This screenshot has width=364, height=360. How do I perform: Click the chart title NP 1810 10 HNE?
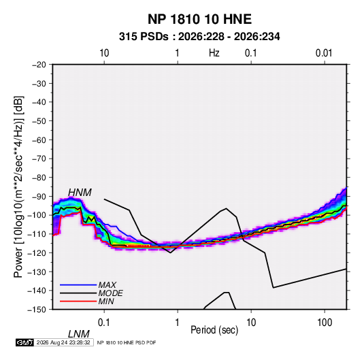199,19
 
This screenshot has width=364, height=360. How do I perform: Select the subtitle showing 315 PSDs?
199,37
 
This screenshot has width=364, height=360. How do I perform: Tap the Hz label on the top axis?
214,53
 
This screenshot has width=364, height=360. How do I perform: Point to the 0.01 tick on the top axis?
324,53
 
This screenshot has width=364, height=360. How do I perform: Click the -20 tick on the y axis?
39,65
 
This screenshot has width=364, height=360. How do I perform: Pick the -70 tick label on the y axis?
39,159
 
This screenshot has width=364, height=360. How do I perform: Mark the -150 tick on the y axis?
37,310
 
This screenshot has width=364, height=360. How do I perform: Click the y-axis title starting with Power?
18,186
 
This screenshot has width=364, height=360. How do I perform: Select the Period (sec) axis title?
214,330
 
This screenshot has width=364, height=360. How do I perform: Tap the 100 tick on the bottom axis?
325,323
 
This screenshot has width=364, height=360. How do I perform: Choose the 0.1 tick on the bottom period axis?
104,323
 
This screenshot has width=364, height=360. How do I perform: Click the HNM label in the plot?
80,193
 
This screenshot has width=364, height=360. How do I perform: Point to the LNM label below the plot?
78,334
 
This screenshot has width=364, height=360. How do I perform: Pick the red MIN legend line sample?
78,301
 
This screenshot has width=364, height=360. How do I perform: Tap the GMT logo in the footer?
24,342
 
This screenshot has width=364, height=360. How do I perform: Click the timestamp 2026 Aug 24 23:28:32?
63,342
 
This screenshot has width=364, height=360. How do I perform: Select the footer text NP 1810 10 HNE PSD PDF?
127,342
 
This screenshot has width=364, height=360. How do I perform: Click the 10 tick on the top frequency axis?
104,53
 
